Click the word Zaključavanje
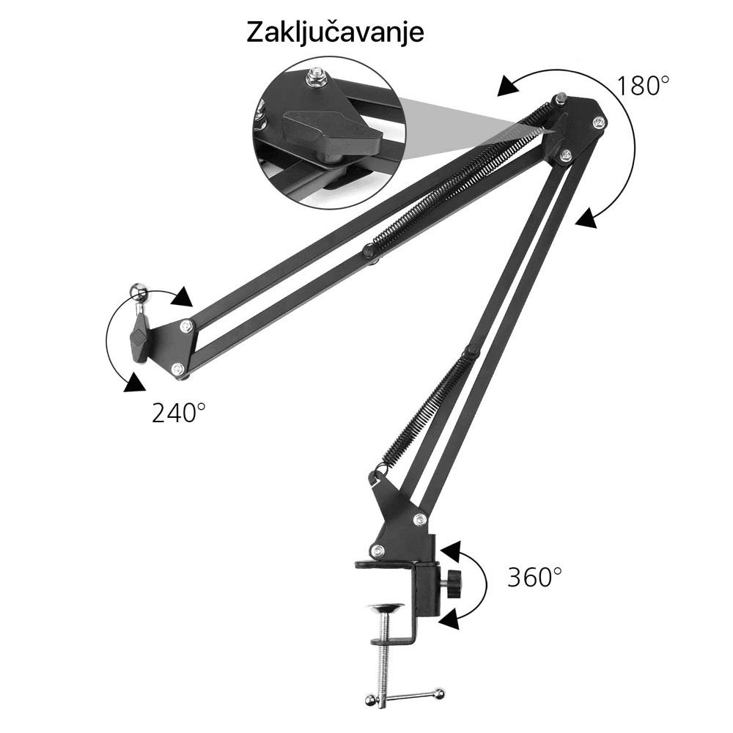335,33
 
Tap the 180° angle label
643,86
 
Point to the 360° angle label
535,577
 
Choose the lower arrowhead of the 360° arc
449,620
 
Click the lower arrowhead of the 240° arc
133,383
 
